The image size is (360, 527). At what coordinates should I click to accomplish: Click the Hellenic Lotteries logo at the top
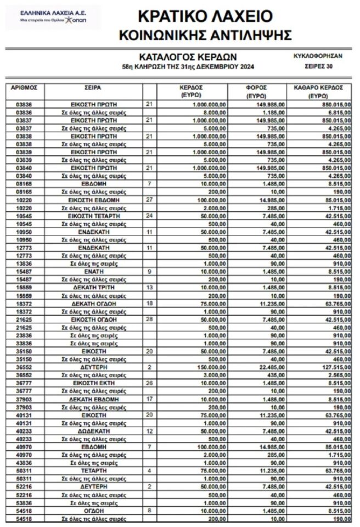(53, 18)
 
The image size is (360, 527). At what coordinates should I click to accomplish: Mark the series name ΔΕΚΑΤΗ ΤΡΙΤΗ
(95, 288)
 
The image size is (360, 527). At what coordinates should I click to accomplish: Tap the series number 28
(149, 318)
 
